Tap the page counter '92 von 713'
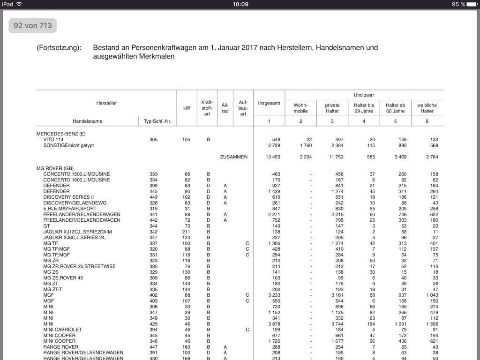(x=32, y=25)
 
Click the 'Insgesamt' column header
(x=269, y=103)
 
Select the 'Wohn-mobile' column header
(x=300, y=108)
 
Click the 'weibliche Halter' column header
(x=427, y=108)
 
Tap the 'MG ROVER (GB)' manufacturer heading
(x=55, y=168)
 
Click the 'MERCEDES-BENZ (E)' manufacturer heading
(x=61, y=134)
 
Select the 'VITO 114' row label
(x=53, y=140)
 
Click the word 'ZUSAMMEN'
(x=233, y=157)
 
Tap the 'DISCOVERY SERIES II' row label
(x=68, y=197)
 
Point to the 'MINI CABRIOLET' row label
(x=62, y=330)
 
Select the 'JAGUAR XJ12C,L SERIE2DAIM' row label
(x=77, y=232)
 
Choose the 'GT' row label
(x=46, y=226)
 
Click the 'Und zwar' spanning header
(x=364, y=95)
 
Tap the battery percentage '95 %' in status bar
(x=458, y=4)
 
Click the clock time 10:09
(x=240, y=4)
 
